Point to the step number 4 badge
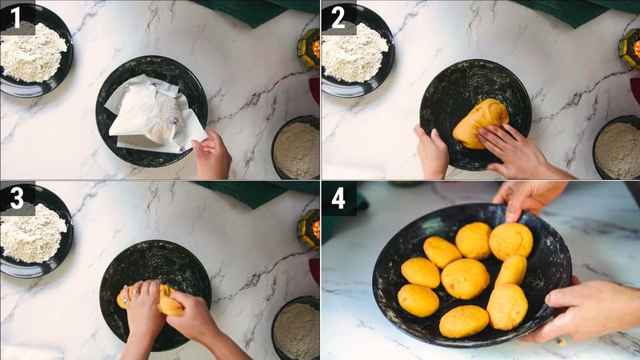[338, 198]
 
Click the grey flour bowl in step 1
[295, 149]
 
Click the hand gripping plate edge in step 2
[432, 152]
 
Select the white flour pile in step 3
[33, 232]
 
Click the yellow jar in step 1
[309, 48]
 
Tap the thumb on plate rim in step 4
[512, 210]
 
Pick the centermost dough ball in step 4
[466, 278]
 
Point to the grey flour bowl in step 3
[296, 330]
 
